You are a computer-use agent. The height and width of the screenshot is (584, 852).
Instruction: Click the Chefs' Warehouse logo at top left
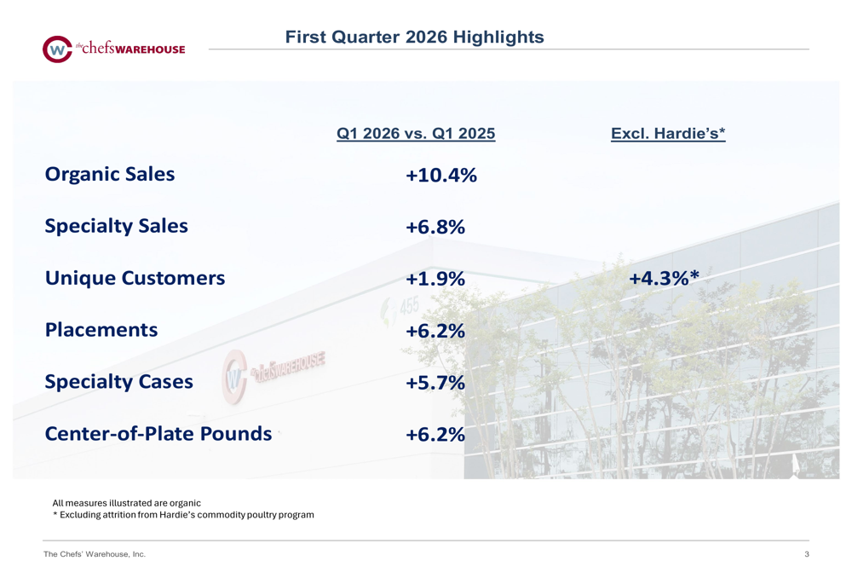(x=113, y=49)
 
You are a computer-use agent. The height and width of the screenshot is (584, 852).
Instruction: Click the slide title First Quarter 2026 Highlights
(x=414, y=37)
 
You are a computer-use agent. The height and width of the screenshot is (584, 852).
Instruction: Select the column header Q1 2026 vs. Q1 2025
(x=416, y=134)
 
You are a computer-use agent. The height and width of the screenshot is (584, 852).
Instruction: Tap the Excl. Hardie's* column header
(x=668, y=134)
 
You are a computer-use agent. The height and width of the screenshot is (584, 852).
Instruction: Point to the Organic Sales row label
(x=110, y=174)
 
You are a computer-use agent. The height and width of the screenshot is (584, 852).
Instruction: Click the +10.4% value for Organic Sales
(x=440, y=176)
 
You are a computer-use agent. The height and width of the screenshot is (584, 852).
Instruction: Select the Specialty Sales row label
(x=117, y=226)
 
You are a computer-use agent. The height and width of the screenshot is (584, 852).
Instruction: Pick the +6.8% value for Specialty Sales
(x=435, y=228)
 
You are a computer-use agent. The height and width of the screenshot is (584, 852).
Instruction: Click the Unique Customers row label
(x=135, y=278)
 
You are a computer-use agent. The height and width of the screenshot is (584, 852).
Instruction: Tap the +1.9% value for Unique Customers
(x=435, y=280)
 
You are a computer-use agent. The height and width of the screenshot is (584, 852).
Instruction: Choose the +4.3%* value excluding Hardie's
(x=664, y=278)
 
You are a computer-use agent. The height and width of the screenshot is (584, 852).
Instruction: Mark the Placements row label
(x=101, y=330)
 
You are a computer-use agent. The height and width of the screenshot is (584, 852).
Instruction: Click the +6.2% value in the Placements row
(x=435, y=331)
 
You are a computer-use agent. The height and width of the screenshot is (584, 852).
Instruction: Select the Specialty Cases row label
(x=119, y=382)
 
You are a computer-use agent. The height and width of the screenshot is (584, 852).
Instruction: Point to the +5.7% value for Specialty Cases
(x=435, y=383)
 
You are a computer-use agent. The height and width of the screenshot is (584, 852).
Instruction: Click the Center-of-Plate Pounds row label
(x=158, y=434)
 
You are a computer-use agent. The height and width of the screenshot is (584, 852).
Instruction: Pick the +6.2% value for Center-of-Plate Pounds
(x=435, y=435)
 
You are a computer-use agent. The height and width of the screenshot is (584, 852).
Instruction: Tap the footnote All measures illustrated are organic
(x=127, y=503)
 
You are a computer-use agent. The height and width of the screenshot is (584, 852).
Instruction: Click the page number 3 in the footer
(x=806, y=555)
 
